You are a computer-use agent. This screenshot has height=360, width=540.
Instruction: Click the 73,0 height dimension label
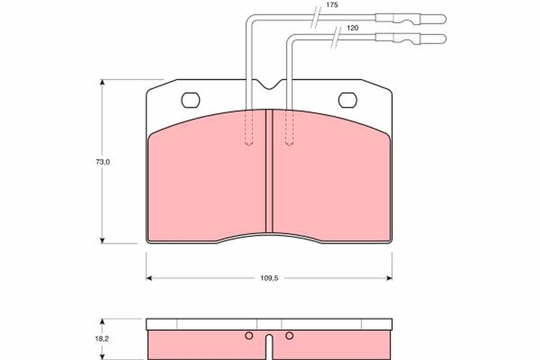tap(102, 162)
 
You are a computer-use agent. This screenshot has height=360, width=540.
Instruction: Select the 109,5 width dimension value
tap(270, 278)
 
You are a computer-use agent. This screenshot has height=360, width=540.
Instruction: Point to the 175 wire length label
tap(332, 5)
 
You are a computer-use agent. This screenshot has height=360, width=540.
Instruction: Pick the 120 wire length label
tap(352, 28)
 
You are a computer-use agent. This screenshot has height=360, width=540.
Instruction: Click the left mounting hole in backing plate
tap(190, 100)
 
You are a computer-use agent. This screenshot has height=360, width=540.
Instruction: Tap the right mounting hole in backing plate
tap(347, 100)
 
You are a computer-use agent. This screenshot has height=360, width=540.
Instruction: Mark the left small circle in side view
tap(248, 335)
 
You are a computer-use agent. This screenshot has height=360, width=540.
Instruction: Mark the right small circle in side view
tap(289, 335)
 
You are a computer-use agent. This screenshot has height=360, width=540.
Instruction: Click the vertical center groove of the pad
tap(269, 171)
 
